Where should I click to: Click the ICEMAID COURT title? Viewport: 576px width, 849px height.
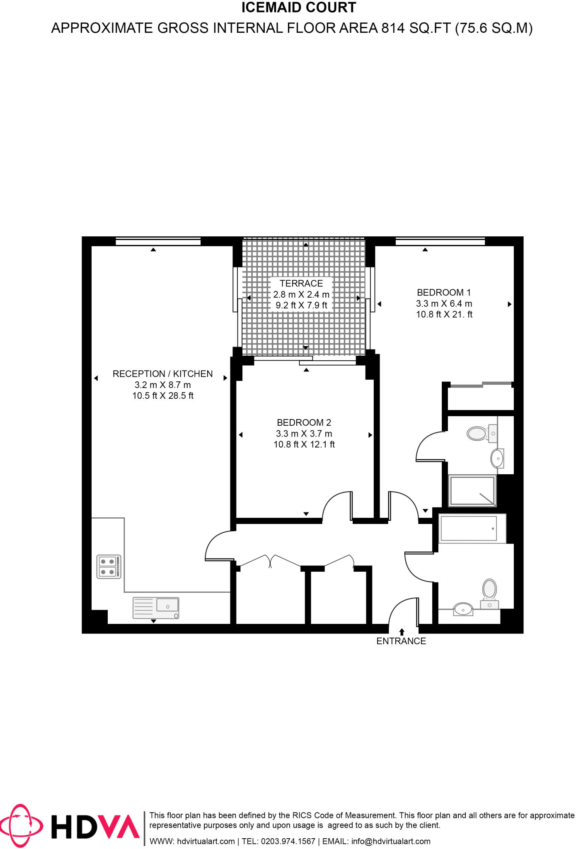299,7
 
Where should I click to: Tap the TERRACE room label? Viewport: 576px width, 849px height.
301,284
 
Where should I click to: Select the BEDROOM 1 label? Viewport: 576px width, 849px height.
444,293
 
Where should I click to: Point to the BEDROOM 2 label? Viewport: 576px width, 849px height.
304,423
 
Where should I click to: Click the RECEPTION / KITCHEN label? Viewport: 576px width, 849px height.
162,374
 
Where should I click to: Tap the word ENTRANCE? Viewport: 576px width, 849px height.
401,641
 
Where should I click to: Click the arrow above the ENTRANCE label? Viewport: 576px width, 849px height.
402,632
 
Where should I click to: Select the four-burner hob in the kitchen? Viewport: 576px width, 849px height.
109,567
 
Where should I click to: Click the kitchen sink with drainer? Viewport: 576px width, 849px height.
156,608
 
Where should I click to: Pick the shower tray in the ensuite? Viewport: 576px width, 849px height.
472,491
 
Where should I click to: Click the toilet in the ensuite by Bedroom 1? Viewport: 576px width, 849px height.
478,434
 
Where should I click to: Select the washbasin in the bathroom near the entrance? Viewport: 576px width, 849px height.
463,609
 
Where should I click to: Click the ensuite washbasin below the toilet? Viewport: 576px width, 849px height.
497,458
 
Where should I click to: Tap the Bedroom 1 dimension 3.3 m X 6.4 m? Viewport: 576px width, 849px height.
444,304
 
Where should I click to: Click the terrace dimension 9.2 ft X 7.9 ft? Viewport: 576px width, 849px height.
301,306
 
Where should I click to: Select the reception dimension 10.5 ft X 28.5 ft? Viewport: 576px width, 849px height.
162,396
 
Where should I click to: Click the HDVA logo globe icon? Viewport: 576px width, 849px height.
21,826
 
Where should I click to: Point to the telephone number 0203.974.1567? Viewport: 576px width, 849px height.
288,841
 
